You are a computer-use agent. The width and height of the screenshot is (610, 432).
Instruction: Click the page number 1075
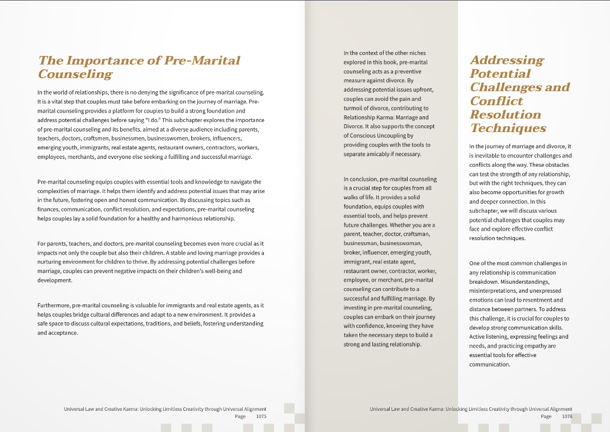tap(261, 416)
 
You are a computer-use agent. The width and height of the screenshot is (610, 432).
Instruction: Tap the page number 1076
tap(567, 416)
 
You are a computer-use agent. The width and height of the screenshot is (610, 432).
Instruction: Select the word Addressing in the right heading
tap(507, 60)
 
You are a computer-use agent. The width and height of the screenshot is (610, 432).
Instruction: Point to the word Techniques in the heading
tap(508, 128)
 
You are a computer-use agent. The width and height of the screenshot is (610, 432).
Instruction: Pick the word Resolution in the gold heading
tap(505, 114)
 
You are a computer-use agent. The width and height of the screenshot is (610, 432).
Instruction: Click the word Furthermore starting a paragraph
tap(54, 306)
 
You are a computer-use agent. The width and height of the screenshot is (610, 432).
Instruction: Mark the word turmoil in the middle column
tap(355, 108)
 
